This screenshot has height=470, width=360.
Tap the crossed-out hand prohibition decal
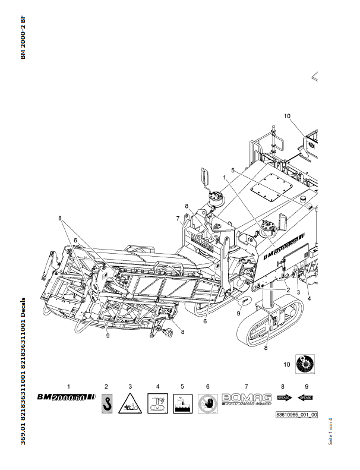(207, 403)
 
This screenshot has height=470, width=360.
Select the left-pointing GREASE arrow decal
(306, 397)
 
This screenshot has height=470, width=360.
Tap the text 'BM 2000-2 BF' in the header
(23, 37)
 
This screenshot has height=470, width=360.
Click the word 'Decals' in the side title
(23, 308)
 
